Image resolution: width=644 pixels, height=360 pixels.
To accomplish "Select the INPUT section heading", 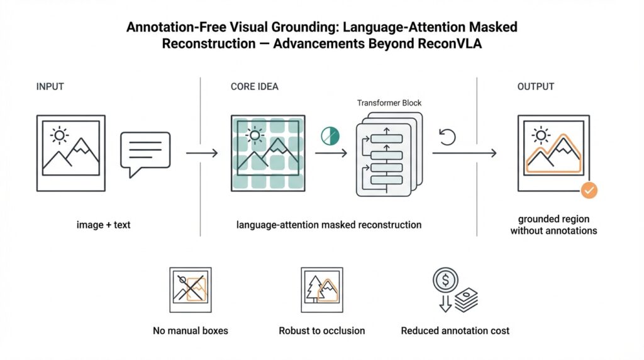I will point(50,86).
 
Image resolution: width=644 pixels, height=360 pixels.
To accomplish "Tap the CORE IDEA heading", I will point(255,86).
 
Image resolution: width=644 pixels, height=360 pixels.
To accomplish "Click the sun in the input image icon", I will point(60,135).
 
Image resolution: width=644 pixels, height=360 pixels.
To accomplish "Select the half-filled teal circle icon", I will point(330,135).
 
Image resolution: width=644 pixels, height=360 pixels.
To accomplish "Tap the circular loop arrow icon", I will point(447,136).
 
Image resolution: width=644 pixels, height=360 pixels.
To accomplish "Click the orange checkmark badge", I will point(589,189).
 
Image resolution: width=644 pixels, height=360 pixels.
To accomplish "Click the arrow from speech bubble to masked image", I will point(201,153).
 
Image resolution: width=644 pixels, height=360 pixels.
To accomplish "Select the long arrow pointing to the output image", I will point(465,153).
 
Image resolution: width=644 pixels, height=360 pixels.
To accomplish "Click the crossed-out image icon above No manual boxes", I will point(189,290).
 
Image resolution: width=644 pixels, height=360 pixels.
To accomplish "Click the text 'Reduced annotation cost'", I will point(455,330).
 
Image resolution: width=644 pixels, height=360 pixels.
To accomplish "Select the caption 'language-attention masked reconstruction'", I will point(329,225).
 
